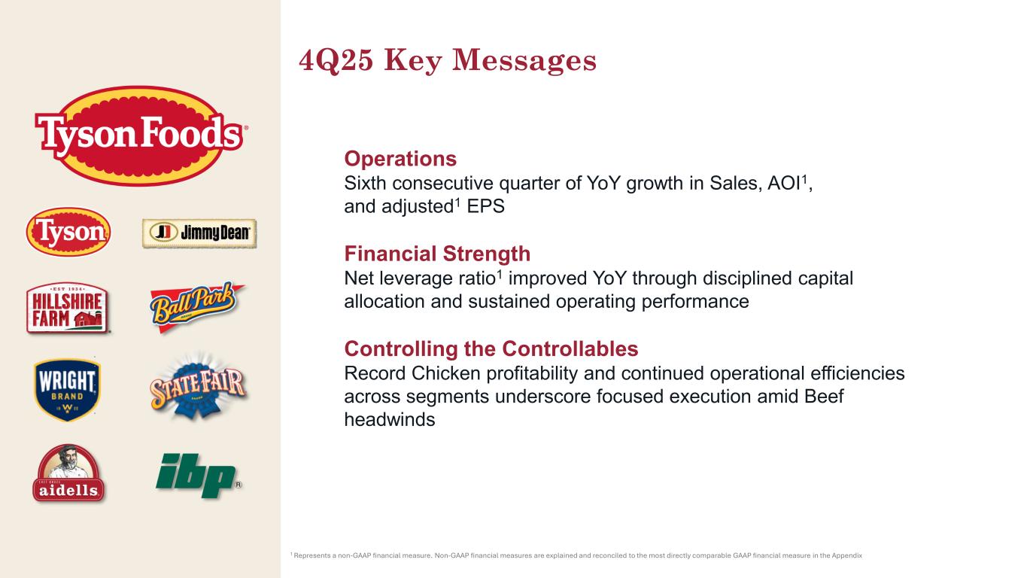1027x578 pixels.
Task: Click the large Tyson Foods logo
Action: coord(141,135)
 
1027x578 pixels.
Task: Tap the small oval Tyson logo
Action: coord(68,232)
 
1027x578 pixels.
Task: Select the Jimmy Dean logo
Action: coord(199,233)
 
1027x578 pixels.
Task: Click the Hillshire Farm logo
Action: coord(68,308)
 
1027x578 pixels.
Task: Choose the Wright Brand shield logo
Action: coord(67,390)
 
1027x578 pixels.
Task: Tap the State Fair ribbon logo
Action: coord(198,386)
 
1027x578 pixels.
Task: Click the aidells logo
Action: coord(68,473)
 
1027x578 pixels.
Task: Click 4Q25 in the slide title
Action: coord(336,60)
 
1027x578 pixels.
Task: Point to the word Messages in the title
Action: coord(524,61)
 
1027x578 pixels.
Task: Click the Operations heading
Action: coord(400,159)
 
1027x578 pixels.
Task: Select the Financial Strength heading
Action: coord(437,254)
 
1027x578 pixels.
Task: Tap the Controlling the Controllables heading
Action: coord(491,348)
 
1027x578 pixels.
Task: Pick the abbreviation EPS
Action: coord(485,206)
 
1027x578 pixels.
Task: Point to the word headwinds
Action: coord(390,419)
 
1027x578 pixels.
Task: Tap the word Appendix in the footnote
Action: coord(847,555)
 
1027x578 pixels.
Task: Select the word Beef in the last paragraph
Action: coord(824,397)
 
